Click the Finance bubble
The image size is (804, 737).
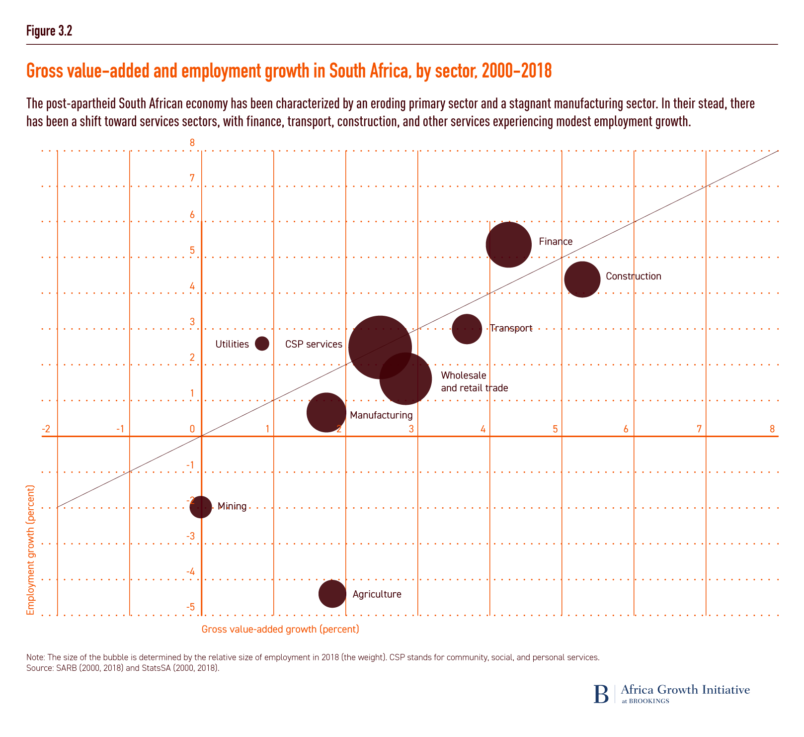(508, 245)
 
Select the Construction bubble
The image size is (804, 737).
(582, 279)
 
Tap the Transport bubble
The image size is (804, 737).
(467, 329)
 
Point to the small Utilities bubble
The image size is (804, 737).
(262, 343)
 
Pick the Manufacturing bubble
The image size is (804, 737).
(326, 413)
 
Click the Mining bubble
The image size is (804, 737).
(201, 507)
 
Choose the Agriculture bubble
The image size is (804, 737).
(332, 594)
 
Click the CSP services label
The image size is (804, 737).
(314, 344)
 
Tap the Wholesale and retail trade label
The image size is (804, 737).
(474, 381)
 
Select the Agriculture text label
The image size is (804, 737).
(377, 594)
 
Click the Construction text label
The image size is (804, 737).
(634, 276)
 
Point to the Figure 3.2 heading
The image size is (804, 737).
(49, 31)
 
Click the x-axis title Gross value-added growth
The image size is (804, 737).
(280, 629)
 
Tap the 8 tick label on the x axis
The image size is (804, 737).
(772, 429)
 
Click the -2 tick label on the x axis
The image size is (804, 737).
(46, 429)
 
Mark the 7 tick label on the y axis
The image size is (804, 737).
(192, 179)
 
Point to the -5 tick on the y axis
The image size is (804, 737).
(191, 608)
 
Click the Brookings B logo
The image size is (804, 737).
(601, 694)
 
